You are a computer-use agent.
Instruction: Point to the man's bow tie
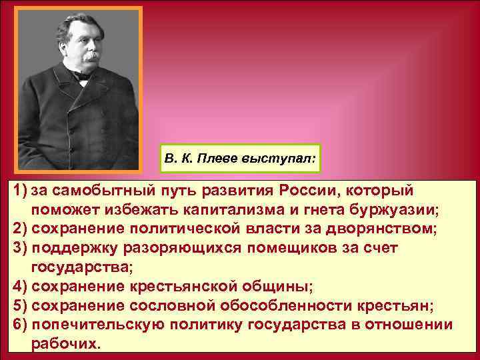pyautogui.click(x=84, y=76)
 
